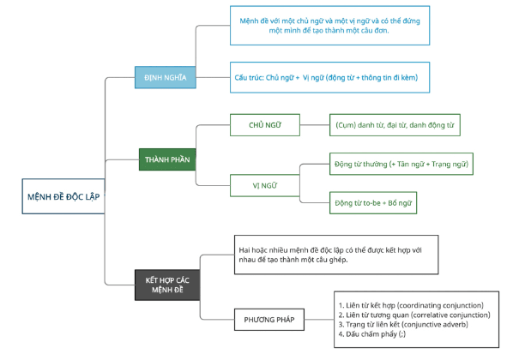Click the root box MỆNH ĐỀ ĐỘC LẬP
(x=63, y=196)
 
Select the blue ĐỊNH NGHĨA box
(x=166, y=77)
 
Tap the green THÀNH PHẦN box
(x=167, y=159)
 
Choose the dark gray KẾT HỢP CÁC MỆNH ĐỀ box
(x=167, y=285)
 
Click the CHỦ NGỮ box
(x=265, y=125)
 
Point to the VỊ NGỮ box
(x=265, y=185)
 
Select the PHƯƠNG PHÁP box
(x=269, y=320)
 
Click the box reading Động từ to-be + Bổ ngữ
(x=373, y=203)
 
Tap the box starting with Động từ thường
(x=401, y=164)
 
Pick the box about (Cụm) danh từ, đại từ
(x=395, y=125)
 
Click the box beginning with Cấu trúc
(x=329, y=77)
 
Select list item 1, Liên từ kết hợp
(x=411, y=305)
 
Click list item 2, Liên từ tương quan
(x=414, y=315)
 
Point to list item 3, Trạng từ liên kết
(x=403, y=324)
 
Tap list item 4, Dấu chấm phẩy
(x=372, y=333)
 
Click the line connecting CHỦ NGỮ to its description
(x=315, y=125)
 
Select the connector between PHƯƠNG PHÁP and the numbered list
(x=319, y=320)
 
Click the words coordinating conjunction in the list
(x=440, y=305)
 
